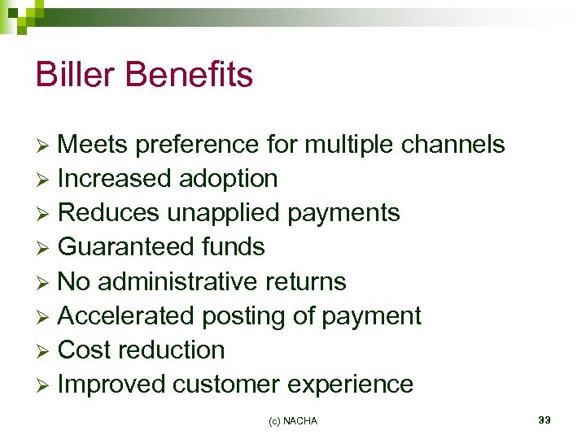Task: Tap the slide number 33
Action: (x=544, y=419)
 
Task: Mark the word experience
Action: (x=352, y=385)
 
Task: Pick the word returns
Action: (x=305, y=282)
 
